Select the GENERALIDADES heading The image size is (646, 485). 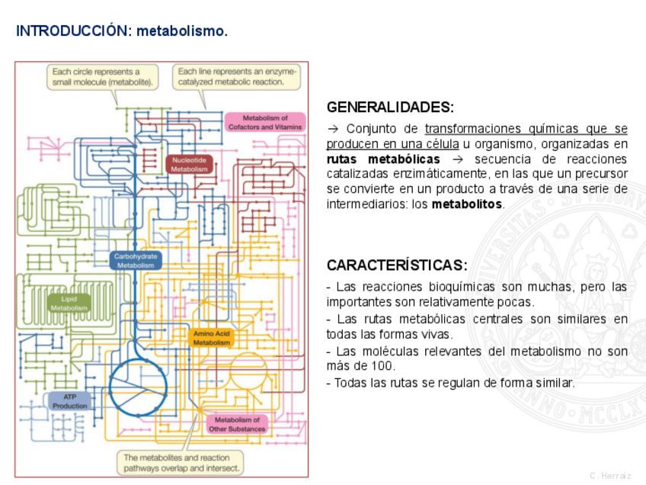click(x=390, y=107)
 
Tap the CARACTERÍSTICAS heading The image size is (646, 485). click(x=397, y=265)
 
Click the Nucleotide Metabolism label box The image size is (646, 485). click(x=189, y=165)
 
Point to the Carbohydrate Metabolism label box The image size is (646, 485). click(x=136, y=261)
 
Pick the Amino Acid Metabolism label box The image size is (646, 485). click(x=211, y=339)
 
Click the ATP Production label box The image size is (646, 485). click(x=70, y=402)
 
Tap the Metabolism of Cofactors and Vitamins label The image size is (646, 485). click(x=265, y=123)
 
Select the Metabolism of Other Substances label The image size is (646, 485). click(x=237, y=425)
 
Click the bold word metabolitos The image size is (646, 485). click(x=467, y=204)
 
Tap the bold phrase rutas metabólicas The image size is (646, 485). click(x=383, y=159)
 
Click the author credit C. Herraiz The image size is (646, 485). click(x=610, y=476)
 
